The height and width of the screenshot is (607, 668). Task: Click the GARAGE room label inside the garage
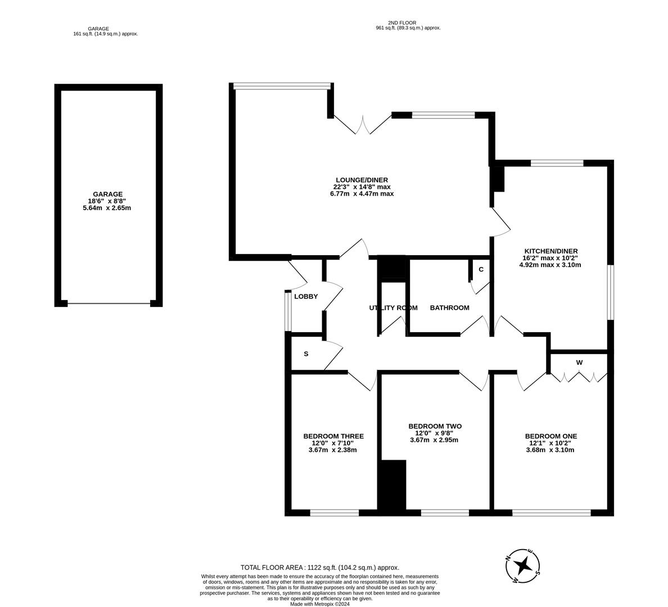pyautogui.click(x=108, y=194)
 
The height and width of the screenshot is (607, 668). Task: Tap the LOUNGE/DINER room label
pyautogui.click(x=362, y=180)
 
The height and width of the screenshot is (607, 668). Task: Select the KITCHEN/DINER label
pyautogui.click(x=550, y=251)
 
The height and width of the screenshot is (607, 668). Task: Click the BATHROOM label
pyautogui.click(x=449, y=307)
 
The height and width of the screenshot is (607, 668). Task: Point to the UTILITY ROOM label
pyautogui.click(x=393, y=307)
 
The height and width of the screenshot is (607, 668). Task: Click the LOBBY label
pyautogui.click(x=306, y=296)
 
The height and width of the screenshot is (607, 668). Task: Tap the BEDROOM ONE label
pyautogui.click(x=550, y=436)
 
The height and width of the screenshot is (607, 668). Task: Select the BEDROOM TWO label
pyautogui.click(x=435, y=426)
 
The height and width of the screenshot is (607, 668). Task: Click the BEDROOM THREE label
pyautogui.click(x=333, y=436)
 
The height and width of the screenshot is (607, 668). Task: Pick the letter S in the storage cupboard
pyautogui.click(x=306, y=354)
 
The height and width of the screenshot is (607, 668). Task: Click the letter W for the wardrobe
pyautogui.click(x=579, y=363)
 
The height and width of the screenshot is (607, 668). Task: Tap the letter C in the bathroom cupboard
pyautogui.click(x=481, y=269)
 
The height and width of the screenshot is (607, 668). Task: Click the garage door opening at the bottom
pyautogui.click(x=109, y=303)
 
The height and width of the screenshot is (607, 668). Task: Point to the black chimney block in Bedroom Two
pyautogui.click(x=392, y=486)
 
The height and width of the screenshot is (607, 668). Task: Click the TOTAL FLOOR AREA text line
pyautogui.click(x=319, y=568)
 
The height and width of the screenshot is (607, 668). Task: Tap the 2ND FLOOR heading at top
pyautogui.click(x=408, y=23)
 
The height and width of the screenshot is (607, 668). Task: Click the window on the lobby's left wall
pyautogui.click(x=288, y=311)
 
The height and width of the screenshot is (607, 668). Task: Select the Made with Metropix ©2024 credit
pyautogui.click(x=319, y=604)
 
